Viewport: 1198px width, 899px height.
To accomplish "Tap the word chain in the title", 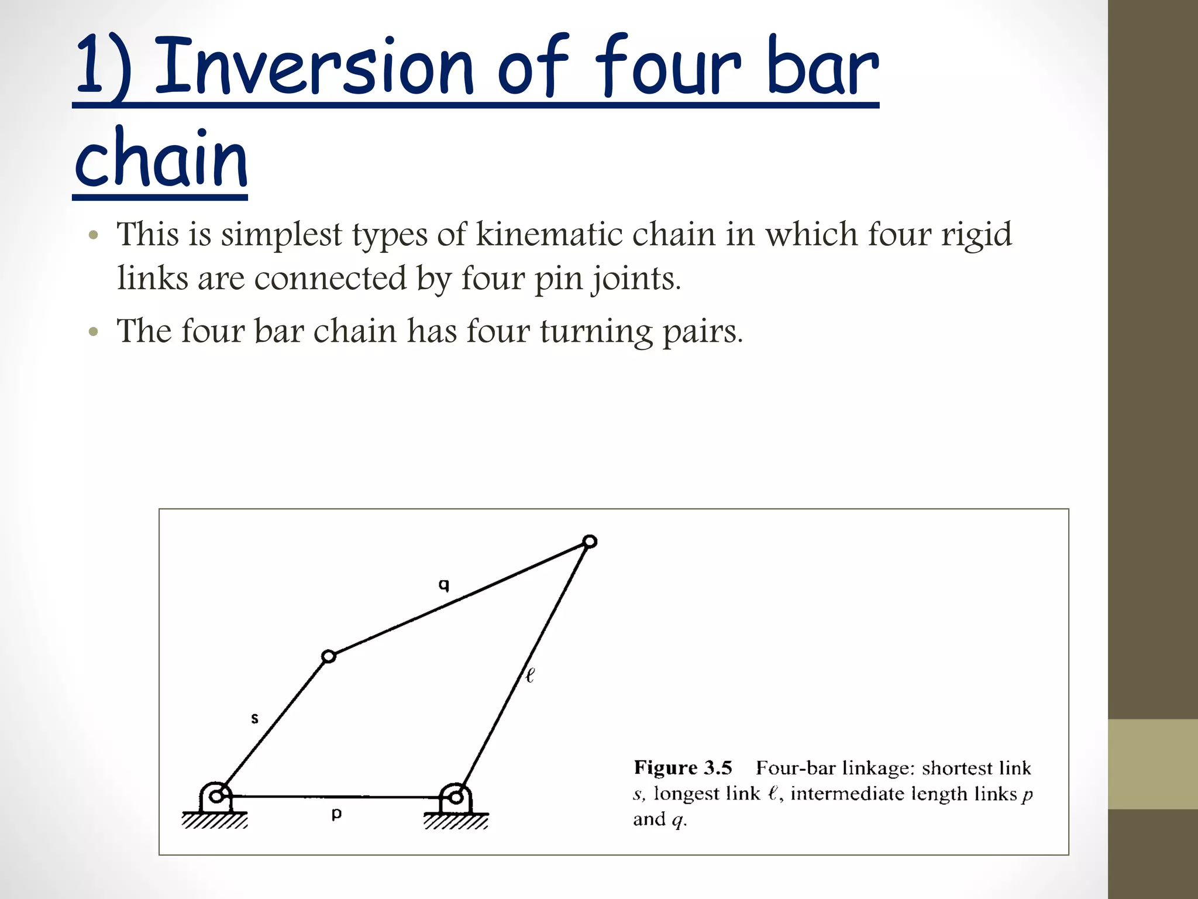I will pyautogui.click(x=161, y=158).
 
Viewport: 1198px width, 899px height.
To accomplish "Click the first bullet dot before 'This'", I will pyautogui.click(x=93, y=236).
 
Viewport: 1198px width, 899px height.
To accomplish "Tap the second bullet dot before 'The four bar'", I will pyautogui.click(x=93, y=332).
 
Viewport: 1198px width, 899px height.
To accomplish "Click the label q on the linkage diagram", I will pyautogui.click(x=444, y=585).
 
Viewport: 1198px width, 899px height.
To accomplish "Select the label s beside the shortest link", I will pyautogui.click(x=254, y=718).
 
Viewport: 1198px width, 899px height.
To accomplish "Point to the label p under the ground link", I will pyautogui.click(x=336, y=814).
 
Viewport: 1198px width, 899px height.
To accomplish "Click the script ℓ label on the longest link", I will pyautogui.click(x=530, y=675).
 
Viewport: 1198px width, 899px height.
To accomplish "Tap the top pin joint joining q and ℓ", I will pyautogui.click(x=590, y=541).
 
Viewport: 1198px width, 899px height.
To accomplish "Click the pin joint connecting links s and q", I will pyautogui.click(x=329, y=657).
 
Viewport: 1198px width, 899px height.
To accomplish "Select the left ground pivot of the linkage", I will pyautogui.click(x=216, y=796).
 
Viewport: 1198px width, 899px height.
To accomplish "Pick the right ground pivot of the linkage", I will pyautogui.click(x=456, y=797).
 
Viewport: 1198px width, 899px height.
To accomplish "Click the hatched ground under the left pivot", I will pyautogui.click(x=215, y=821).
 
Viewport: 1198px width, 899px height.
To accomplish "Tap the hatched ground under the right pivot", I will pyautogui.click(x=456, y=822).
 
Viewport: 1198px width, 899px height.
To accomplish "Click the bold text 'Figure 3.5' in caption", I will pyautogui.click(x=683, y=767).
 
